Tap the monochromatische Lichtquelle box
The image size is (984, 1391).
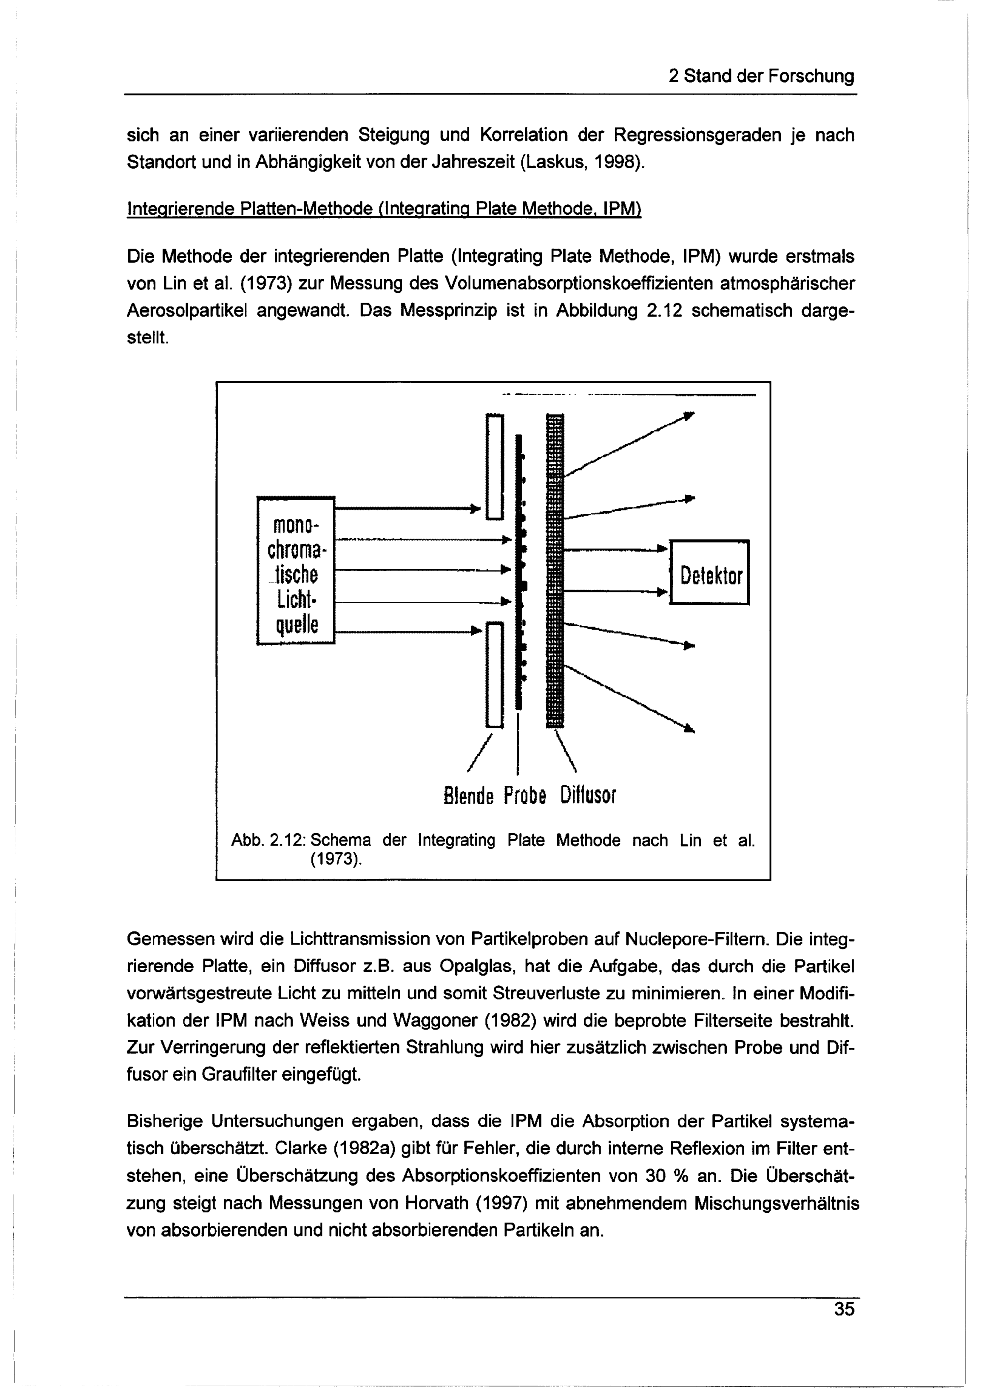click(296, 570)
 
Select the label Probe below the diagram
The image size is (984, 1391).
click(525, 794)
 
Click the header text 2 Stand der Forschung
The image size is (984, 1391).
click(761, 76)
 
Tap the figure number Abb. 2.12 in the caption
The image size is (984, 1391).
click(271, 840)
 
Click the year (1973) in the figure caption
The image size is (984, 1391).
click(336, 860)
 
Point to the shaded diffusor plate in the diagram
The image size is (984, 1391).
click(554, 570)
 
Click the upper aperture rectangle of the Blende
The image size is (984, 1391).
click(494, 466)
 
